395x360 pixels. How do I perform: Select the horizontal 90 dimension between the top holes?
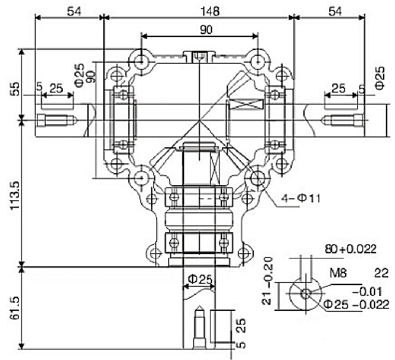[200, 30]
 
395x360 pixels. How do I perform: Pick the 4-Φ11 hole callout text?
[300, 198]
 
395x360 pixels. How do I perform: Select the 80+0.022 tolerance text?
[351, 248]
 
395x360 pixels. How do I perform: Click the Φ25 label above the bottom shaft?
[198, 279]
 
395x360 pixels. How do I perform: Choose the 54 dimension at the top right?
[336, 11]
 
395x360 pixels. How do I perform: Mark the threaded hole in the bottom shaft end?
[199, 329]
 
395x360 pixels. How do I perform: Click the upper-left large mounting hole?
[141, 62]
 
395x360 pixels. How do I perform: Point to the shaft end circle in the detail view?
[305, 294]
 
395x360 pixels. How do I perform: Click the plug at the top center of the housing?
[200, 56]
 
